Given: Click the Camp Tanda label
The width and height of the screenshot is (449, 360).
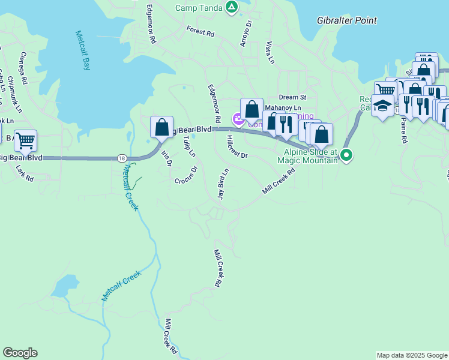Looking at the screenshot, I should coord(199,8).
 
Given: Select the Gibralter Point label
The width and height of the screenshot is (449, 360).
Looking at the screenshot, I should coord(347,20).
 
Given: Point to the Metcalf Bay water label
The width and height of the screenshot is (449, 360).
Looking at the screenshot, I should coord(83,51).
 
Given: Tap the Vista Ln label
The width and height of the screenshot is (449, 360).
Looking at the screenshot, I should coord(270,53).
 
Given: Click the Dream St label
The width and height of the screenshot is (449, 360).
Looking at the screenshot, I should coord(292,97).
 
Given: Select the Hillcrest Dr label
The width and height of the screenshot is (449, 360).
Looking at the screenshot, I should coord(237,147).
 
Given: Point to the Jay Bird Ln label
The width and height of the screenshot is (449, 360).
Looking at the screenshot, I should coord(223,184).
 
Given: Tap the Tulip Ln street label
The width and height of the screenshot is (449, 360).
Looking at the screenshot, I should coord(188,146).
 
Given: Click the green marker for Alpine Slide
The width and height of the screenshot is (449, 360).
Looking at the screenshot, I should coord(346,156).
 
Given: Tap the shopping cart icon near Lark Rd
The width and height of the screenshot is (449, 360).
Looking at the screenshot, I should coord(25,141).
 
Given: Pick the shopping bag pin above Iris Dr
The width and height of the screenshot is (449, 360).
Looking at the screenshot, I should coord(161,127).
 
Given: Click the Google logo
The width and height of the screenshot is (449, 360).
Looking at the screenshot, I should coord(20,353).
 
